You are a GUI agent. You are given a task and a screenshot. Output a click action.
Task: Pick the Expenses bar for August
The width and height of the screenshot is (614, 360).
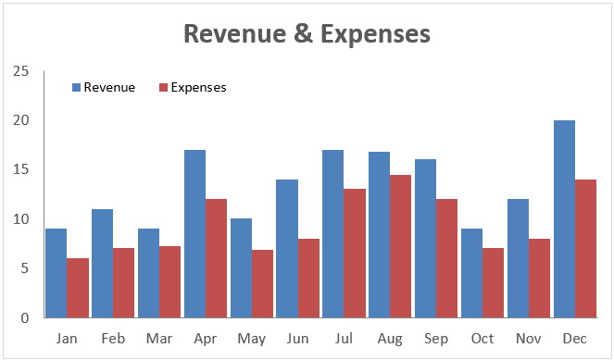(401, 246)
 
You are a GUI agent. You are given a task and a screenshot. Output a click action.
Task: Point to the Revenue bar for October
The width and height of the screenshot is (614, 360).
(472, 273)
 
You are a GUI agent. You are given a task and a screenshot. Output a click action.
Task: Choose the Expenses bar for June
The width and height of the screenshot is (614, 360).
(308, 278)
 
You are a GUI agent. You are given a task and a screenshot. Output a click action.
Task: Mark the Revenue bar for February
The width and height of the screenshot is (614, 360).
(102, 264)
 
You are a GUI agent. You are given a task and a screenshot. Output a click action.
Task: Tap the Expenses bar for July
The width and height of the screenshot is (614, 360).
(355, 254)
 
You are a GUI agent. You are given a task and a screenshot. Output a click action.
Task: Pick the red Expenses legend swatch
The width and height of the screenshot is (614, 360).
(164, 88)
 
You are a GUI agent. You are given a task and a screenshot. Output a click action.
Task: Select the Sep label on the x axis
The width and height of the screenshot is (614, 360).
(436, 339)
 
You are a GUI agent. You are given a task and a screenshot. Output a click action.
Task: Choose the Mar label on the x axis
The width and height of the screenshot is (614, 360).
(159, 339)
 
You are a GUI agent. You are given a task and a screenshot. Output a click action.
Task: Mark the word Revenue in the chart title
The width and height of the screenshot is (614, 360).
(235, 34)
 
